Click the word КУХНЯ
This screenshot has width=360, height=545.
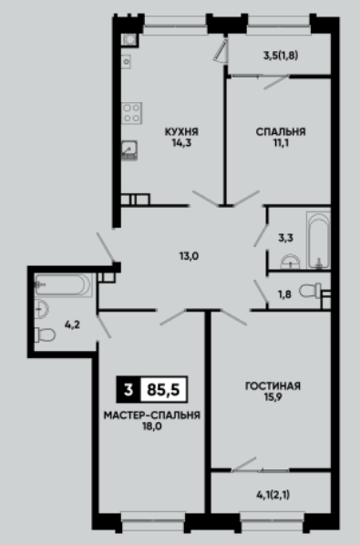181,132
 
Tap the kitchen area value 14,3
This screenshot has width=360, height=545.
181,143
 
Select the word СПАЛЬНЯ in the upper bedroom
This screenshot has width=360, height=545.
281,132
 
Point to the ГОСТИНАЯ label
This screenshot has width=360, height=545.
273,386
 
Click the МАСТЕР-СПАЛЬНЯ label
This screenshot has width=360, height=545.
152,416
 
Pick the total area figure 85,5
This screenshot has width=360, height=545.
163,390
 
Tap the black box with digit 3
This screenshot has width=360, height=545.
129,390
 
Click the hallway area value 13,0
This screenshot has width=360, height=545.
189,256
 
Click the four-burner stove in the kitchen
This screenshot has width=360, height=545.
132,113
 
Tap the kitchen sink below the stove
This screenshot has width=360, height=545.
129,149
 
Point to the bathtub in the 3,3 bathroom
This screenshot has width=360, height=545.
318,241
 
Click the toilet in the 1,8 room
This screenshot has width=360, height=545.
310,290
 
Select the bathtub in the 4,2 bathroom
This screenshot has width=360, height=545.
63,285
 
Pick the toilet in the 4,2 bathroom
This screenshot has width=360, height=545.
45,334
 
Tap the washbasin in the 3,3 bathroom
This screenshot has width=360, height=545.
290,262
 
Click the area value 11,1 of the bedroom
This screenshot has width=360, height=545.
281,143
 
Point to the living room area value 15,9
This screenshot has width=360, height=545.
273,397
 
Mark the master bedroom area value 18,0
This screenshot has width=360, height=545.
152,427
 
